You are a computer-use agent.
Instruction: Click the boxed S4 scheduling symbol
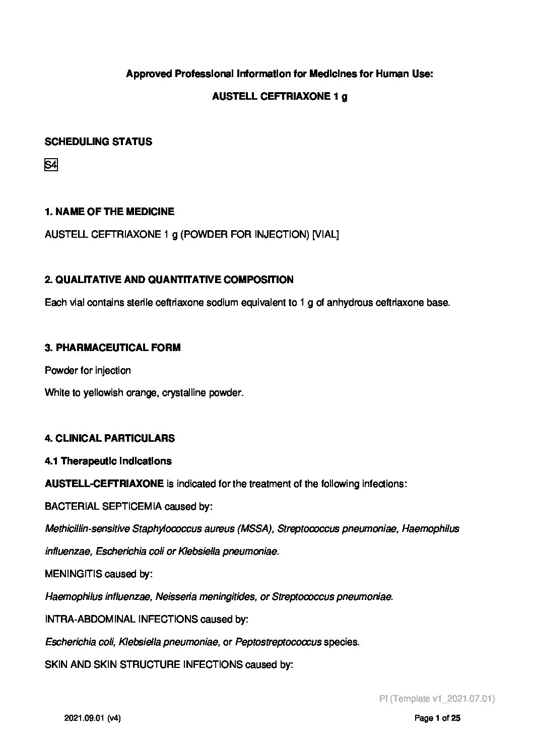(x=51, y=165)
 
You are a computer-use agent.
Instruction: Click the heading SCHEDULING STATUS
(x=98, y=142)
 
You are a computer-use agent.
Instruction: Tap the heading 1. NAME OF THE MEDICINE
(x=109, y=212)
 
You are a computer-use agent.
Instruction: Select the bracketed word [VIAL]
(x=325, y=234)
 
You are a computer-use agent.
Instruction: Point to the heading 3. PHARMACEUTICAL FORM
(x=112, y=348)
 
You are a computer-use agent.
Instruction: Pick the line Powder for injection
(x=88, y=370)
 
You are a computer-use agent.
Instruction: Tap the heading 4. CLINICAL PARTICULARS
(x=110, y=438)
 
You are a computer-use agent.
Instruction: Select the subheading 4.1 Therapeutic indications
(x=108, y=461)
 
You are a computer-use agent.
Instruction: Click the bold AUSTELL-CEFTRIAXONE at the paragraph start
(x=104, y=484)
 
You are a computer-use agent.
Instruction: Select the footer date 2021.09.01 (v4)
(x=92, y=719)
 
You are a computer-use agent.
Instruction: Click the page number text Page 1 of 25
(x=437, y=719)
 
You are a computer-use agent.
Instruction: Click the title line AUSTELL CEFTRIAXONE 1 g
(x=279, y=97)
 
